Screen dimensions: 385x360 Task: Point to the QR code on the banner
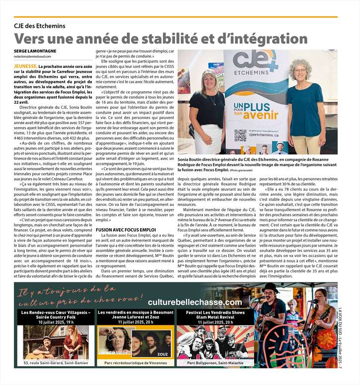coord(240,134)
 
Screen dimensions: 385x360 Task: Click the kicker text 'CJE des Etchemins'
coord(40,26)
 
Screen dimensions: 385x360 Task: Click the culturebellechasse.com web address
coord(195,302)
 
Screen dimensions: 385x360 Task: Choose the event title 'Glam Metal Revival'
coord(215,317)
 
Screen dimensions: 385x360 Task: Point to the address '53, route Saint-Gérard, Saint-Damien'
coord(55,363)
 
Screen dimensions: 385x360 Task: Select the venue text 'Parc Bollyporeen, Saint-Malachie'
coord(215,363)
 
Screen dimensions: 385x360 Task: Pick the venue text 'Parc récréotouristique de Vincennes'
coord(135,363)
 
